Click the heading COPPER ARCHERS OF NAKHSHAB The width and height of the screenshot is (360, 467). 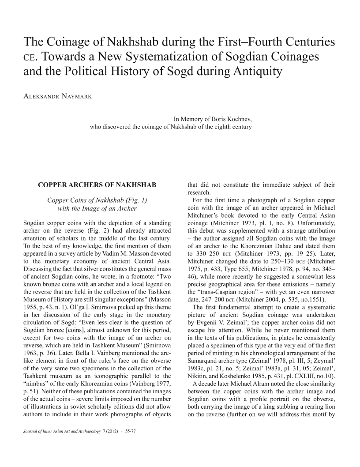point(97,184)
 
